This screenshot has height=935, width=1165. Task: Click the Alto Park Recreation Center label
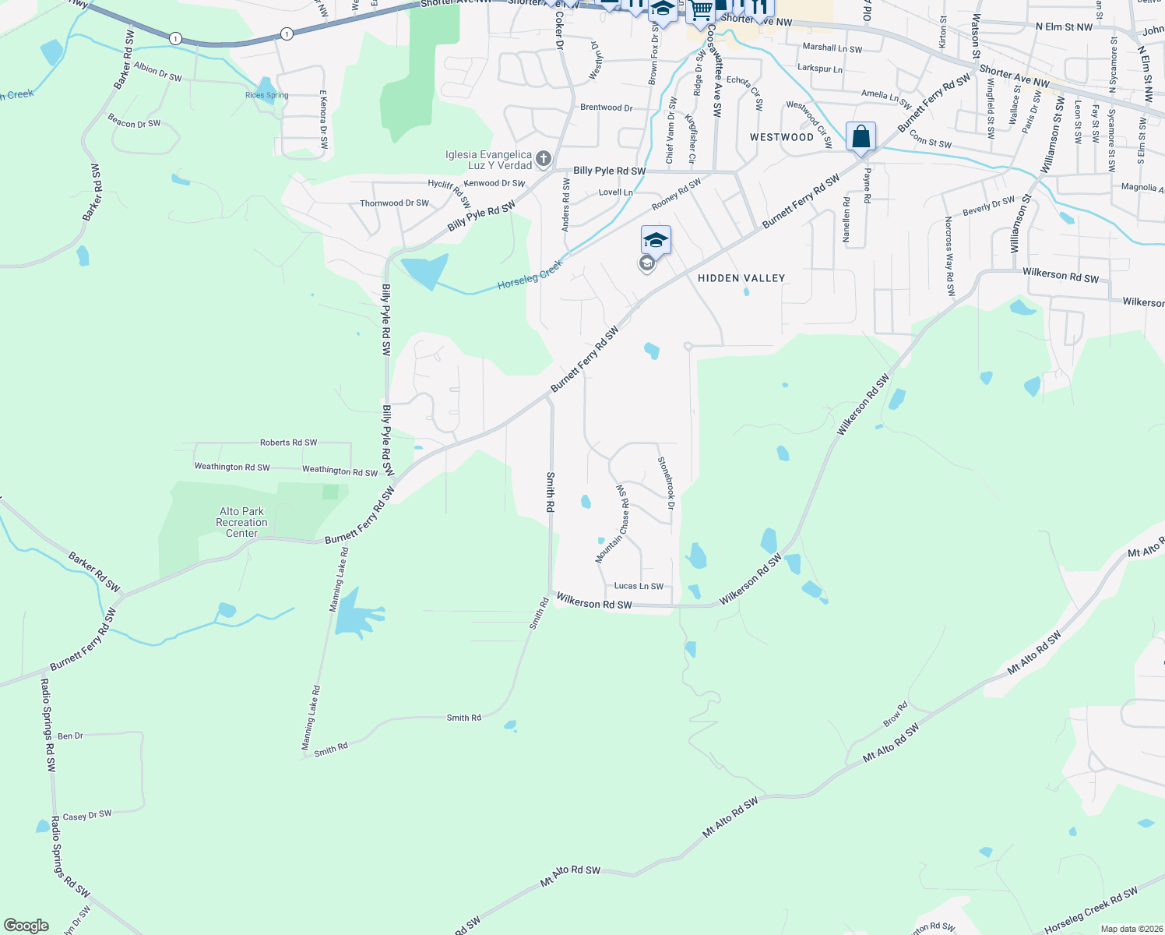pyautogui.click(x=241, y=523)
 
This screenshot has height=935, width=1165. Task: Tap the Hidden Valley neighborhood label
pyautogui.click(x=741, y=278)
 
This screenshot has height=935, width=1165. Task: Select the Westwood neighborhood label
pyautogui.click(x=781, y=137)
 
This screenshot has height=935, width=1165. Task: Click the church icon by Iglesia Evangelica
pyautogui.click(x=544, y=160)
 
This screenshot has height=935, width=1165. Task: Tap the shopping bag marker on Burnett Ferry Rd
pyautogui.click(x=861, y=137)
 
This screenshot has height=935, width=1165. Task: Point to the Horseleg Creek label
pyautogui.click(x=530, y=275)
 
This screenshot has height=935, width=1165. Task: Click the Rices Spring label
pyautogui.click(x=266, y=95)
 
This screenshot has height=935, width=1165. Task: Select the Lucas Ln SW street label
pyautogui.click(x=639, y=586)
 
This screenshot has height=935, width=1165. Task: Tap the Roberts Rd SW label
pyautogui.click(x=288, y=443)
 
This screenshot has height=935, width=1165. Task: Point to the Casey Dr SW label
pyautogui.click(x=87, y=816)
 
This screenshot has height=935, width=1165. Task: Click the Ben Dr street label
pyautogui.click(x=70, y=736)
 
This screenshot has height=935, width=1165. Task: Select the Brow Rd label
pyautogui.click(x=896, y=714)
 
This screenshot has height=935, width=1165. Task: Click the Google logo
pyautogui.click(x=26, y=926)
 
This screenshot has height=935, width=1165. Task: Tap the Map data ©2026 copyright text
pyautogui.click(x=1128, y=929)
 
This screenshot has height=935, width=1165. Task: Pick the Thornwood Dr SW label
pyautogui.click(x=394, y=203)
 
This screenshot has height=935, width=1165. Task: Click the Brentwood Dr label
pyautogui.click(x=606, y=108)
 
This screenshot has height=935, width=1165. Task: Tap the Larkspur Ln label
pyautogui.click(x=819, y=69)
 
